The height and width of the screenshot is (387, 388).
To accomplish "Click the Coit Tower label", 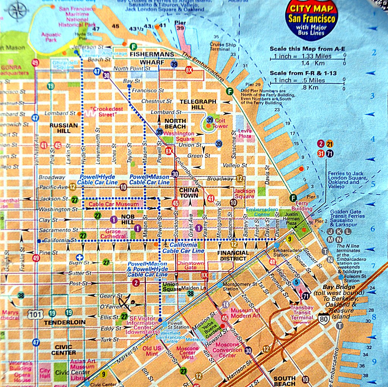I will [x=220, y=123].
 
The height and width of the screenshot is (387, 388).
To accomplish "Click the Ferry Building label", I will [x=302, y=206].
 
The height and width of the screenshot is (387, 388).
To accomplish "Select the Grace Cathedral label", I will [x=113, y=234].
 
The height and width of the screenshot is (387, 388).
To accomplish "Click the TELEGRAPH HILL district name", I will [x=198, y=105].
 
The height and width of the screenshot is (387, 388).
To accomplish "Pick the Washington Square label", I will [x=179, y=136].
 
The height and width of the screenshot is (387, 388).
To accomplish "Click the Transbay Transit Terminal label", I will [x=302, y=311].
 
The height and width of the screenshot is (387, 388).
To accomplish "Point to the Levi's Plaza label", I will [x=245, y=133].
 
